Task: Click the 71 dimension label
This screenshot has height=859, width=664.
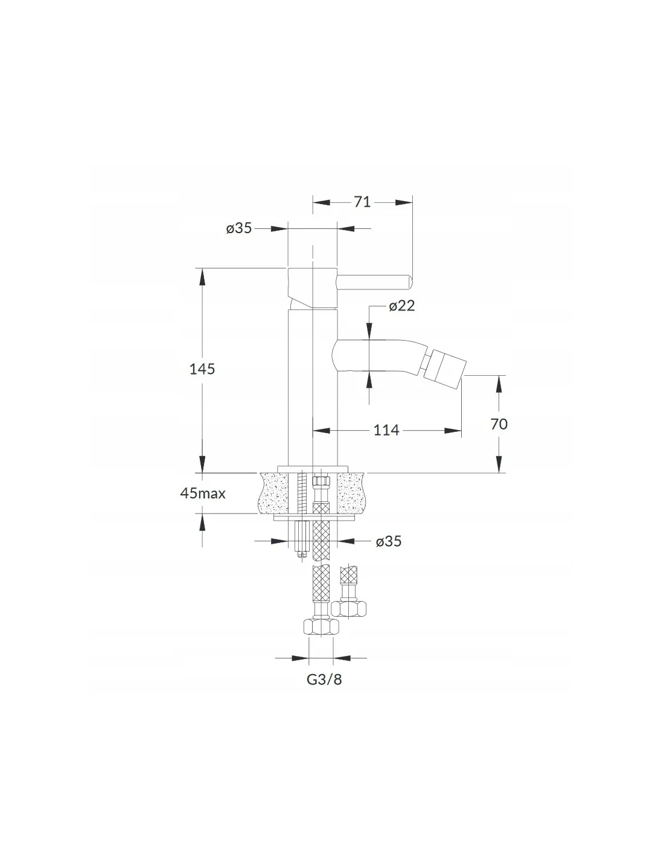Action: pos(362,202)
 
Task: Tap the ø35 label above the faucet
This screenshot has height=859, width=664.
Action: pos(239,228)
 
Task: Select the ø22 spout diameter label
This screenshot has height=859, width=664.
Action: pos(401,306)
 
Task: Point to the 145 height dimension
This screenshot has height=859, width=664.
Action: pos(202,369)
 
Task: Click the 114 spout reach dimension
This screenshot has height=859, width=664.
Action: pos(387,430)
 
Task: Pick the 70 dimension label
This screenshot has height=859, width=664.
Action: pos(499,424)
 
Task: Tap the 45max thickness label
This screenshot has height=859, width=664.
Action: pos(203,494)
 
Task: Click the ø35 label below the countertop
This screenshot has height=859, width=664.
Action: pos(389,541)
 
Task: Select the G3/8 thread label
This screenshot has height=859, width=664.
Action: pos(324,680)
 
